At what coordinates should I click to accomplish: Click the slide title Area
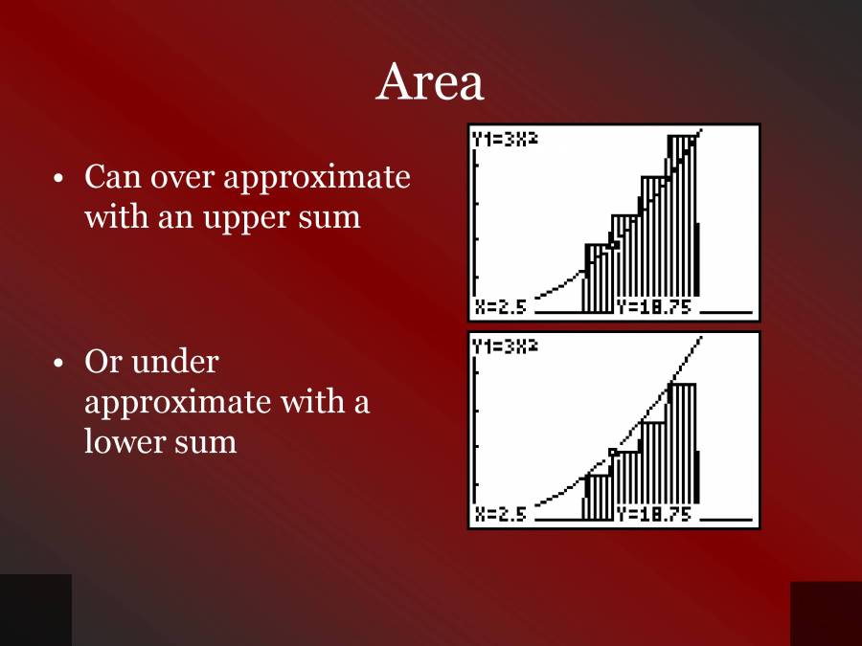[x=430, y=82]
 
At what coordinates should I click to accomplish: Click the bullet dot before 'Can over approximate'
[x=59, y=179]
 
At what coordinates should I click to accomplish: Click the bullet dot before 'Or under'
[x=59, y=364]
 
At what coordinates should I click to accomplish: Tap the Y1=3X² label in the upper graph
[x=504, y=139]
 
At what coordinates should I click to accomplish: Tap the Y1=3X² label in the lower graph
[x=504, y=346]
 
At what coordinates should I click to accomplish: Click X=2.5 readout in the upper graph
[x=501, y=307]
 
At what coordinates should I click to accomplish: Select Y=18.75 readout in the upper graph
[x=654, y=307]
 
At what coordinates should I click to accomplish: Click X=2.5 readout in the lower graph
[x=501, y=514]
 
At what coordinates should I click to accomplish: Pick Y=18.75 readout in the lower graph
[x=654, y=514]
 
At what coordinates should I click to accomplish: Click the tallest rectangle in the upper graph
[x=681, y=220]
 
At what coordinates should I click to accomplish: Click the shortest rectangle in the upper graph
[x=598, y=278]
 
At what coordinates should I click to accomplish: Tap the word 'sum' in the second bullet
[x=210, y=441]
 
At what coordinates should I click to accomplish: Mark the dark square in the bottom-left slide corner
[x=35, y=610]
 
